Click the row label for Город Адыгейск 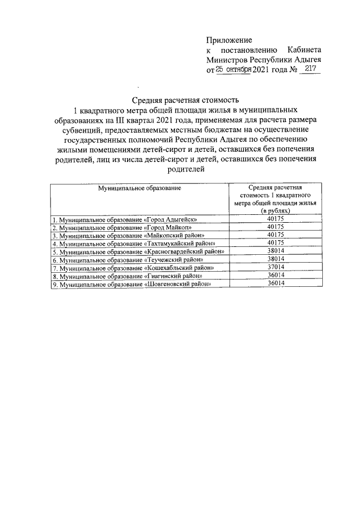(124, 220)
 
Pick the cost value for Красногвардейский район (275, 251)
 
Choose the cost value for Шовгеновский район (275, 283)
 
